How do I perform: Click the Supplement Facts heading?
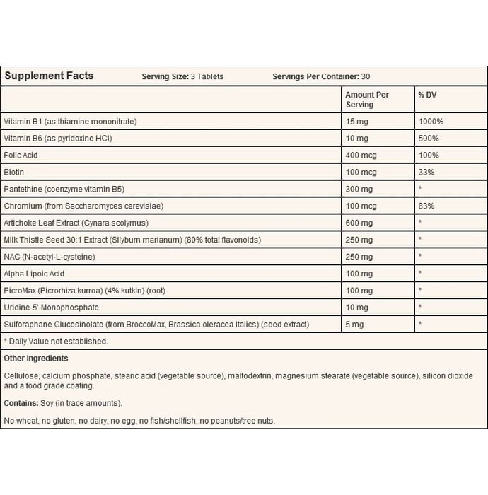[x=49, y=76]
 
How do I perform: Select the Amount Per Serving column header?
[x=366, y=99]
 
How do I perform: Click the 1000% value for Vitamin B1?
[x=431, y=122]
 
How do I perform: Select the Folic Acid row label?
[x=22, y=155]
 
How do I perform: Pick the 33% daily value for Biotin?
[x=426, y=172]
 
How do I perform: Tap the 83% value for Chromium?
[x=426, y=206]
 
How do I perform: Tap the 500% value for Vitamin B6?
[x=428, y=138]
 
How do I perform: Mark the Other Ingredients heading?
[x=36, y=359]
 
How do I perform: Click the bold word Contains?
[x=20, y=403]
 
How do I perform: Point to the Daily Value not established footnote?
[x=56, y=341]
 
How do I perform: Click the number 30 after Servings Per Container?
[x=366, y=76]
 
